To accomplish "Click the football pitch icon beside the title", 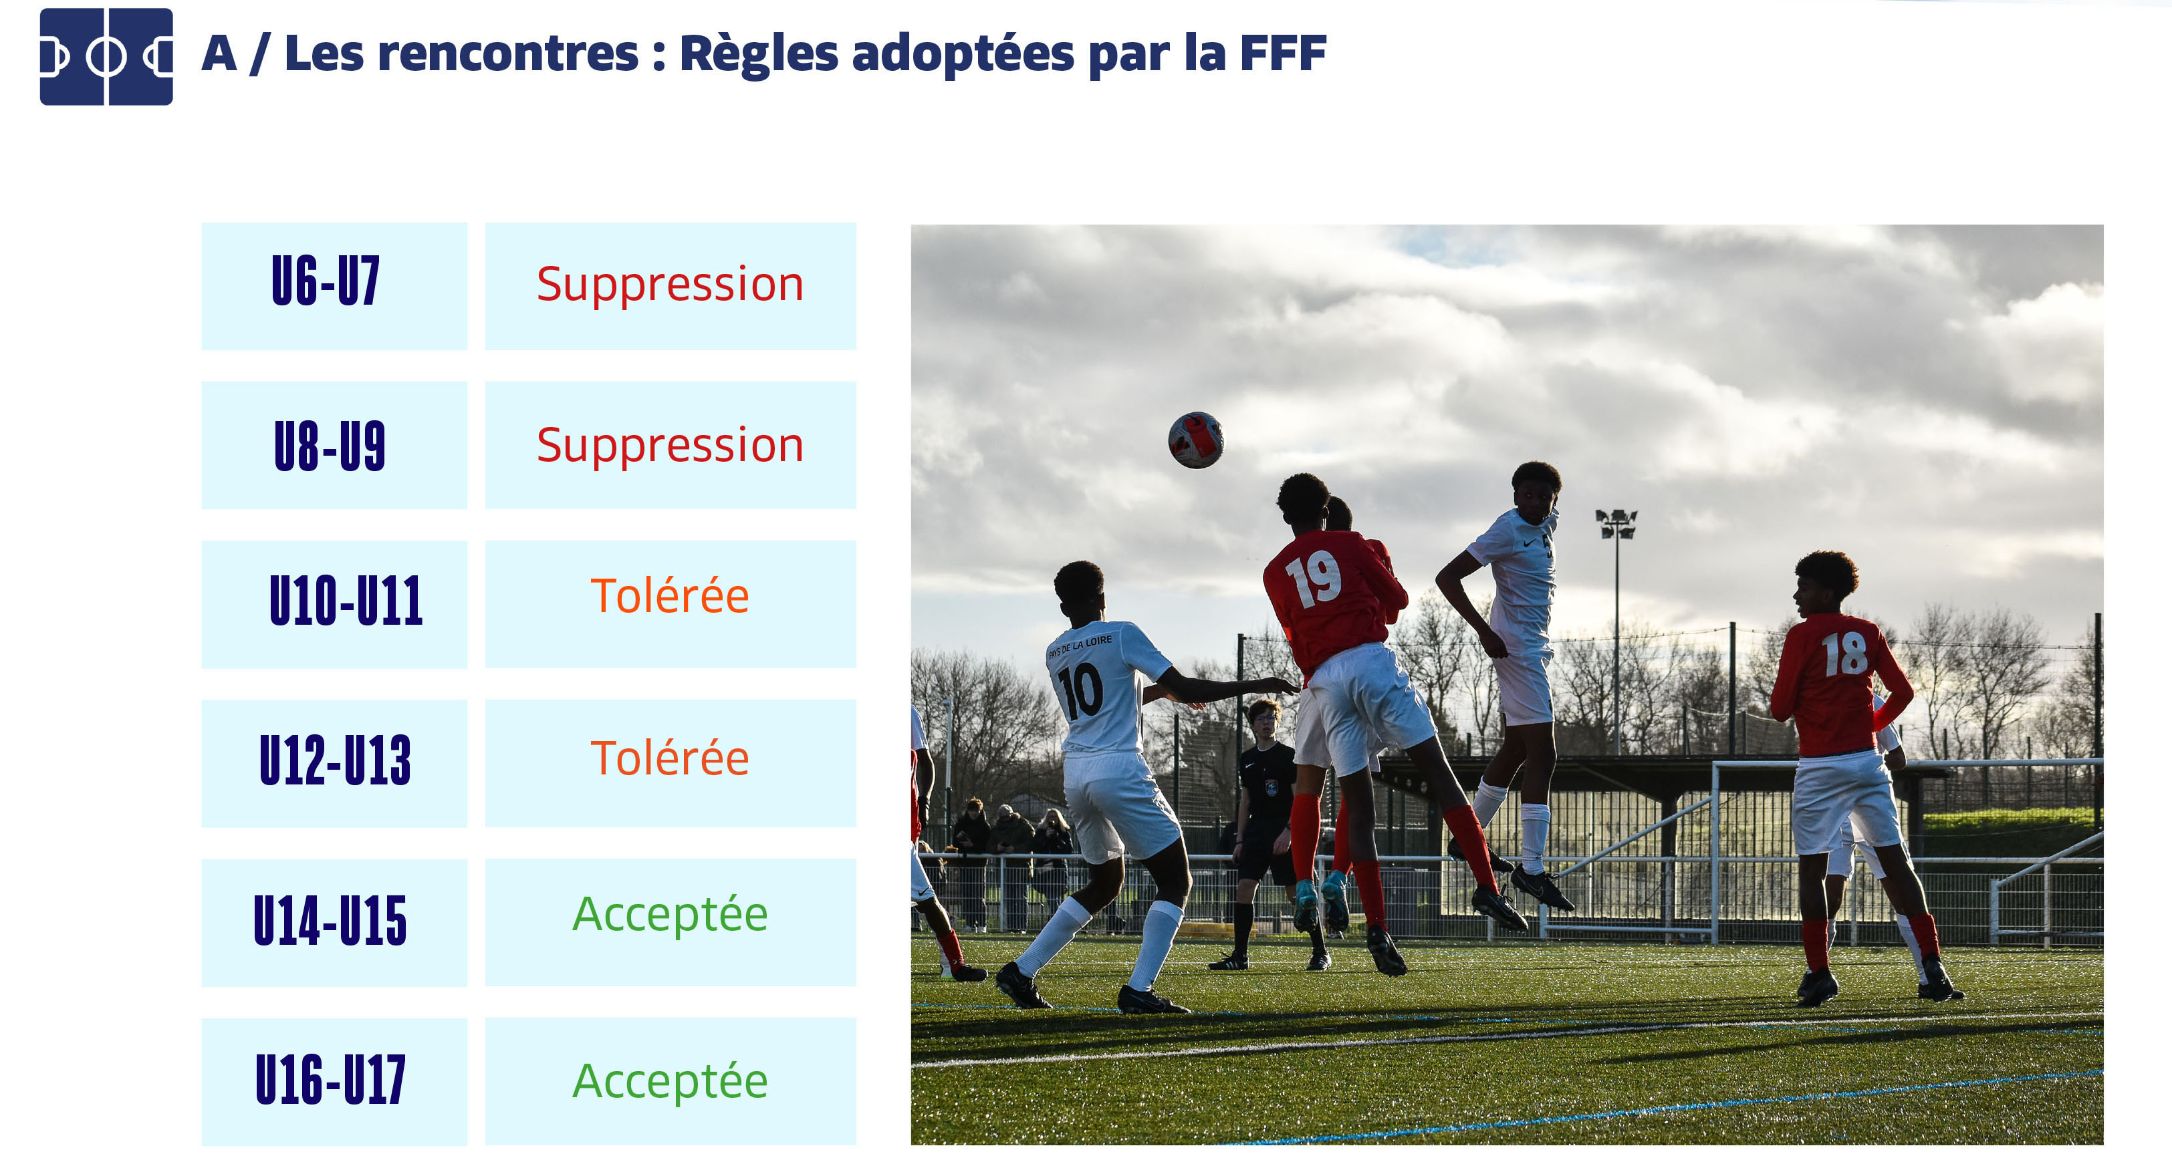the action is point(106,57).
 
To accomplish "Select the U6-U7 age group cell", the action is point(334,286).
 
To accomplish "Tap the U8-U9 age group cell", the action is point(334,445).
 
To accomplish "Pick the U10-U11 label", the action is point(346,601).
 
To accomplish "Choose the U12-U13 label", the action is point(335,760).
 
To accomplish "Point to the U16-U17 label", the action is point(330,1079).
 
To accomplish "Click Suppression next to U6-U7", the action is point(671,284).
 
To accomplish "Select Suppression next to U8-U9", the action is point(671,445).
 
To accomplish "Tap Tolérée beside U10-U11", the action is point(671,596).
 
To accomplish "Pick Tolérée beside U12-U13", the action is point(671,757).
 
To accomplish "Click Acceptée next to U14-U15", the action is point(671,915).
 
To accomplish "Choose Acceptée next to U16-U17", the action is point(671,1080).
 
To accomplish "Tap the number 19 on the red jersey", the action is point(1314,579).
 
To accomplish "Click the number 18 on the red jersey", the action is point(1845,654).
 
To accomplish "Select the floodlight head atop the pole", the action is point(1616,523).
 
